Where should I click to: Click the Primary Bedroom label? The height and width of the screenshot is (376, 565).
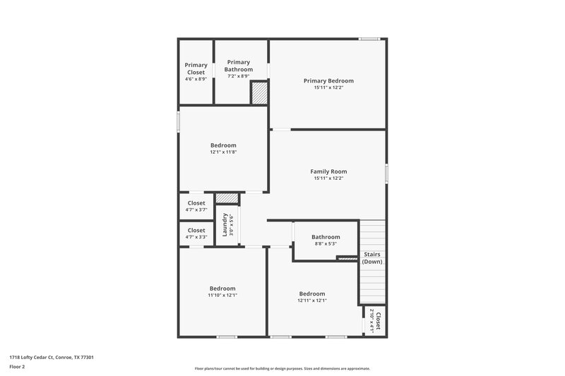tap(328, 81)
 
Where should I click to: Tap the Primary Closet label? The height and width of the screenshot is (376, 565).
tap(196, 68)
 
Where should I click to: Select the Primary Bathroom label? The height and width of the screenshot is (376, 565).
tap(239, 66)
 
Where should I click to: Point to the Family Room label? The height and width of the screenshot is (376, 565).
tap(328, 171)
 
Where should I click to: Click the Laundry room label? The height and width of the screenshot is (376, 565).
tap(225, 224)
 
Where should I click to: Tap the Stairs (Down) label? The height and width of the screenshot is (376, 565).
tap(372, 257)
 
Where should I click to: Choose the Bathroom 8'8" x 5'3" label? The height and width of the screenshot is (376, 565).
tap(326, 237)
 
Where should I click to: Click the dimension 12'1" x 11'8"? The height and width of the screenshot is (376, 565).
tap(223, 152)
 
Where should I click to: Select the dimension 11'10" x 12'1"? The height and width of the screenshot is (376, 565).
tap(222, 296)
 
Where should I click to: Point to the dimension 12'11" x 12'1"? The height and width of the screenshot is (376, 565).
tap(312, 301)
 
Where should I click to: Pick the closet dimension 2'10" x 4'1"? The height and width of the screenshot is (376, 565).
tap(372, 321)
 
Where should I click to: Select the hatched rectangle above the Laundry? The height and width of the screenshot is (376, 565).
tap(225, 199)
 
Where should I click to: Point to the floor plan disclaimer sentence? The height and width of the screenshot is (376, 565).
tap(282, 368)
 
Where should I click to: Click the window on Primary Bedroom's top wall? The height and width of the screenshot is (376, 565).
tap(369, 39)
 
